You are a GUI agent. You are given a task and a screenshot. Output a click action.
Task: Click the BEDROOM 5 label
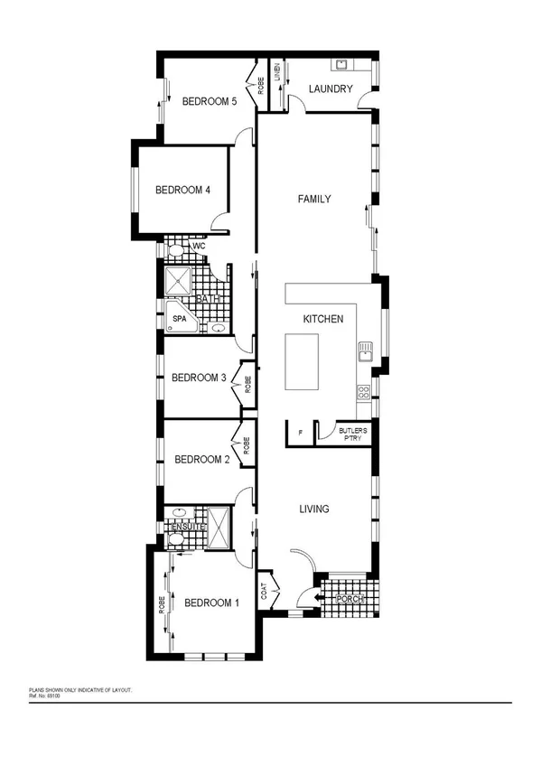point(209,101)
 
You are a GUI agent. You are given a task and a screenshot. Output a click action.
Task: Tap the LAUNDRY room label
point(331,89)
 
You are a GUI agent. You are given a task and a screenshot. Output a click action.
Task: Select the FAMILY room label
point(314,199)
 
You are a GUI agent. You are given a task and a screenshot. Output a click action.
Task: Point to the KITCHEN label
point(322,320)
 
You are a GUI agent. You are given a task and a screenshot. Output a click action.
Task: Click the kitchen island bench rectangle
point(303,361)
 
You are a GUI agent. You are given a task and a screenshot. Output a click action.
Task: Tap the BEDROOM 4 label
point(182,190)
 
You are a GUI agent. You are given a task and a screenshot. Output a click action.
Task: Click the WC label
point(200,246)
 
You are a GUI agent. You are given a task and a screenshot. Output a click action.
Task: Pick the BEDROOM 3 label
point(199,378)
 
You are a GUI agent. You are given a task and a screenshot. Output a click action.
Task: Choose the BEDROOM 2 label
point(201,459)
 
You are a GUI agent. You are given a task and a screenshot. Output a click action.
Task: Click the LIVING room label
point(314,509)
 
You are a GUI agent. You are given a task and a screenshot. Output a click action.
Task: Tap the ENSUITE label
point(185,527)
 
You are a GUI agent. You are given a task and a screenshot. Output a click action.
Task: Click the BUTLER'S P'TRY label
point(351,434)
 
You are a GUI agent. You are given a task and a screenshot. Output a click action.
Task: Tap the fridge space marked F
point(299,434)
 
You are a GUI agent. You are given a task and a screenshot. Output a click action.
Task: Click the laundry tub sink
point(343,64)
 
